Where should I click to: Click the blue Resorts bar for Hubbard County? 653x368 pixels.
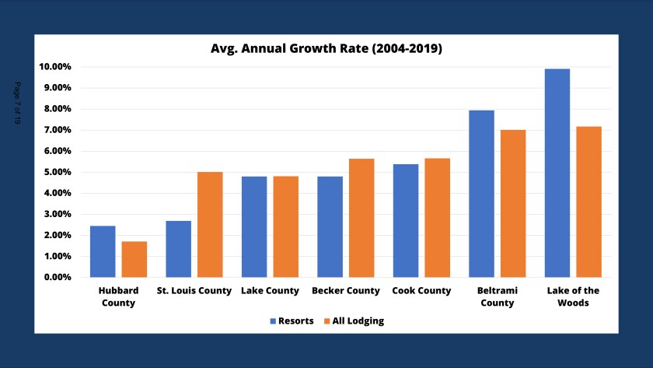(x=103, y=251)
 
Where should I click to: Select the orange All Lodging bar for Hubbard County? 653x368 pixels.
(x=134, y=259)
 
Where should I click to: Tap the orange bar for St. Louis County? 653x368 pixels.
(x=210, y=224)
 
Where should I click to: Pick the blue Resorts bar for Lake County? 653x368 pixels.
(x=254, y=226)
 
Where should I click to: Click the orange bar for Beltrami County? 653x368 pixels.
(x=513, y=203)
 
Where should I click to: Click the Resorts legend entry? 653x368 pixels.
(x=292, y=321)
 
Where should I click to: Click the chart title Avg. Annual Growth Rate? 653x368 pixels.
(x=326, y=48)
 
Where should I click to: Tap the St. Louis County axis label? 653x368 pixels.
(x=194, y=291)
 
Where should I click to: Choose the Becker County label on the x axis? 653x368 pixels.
(x=346, y=291)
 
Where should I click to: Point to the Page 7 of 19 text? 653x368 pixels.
(x=18, y=103)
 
